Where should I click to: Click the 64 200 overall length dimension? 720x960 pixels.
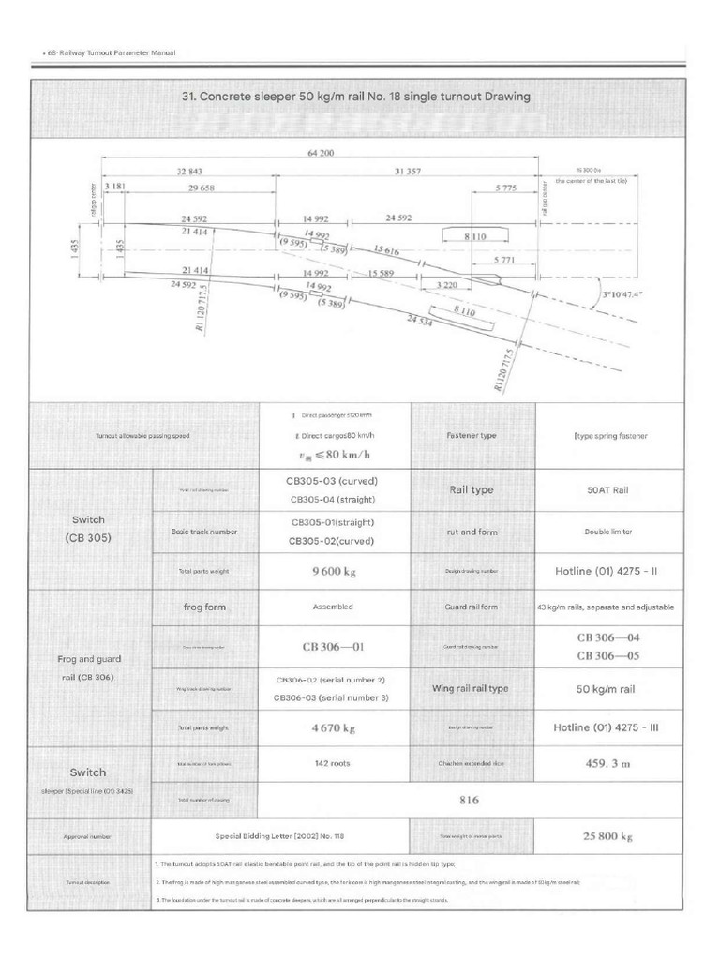pyautogui.click(x=321, y=152)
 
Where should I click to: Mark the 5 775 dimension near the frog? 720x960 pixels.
pyautogui.click(x=506, y=187)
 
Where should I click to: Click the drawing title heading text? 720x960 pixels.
pyautogui.click(x=355, y=97)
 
